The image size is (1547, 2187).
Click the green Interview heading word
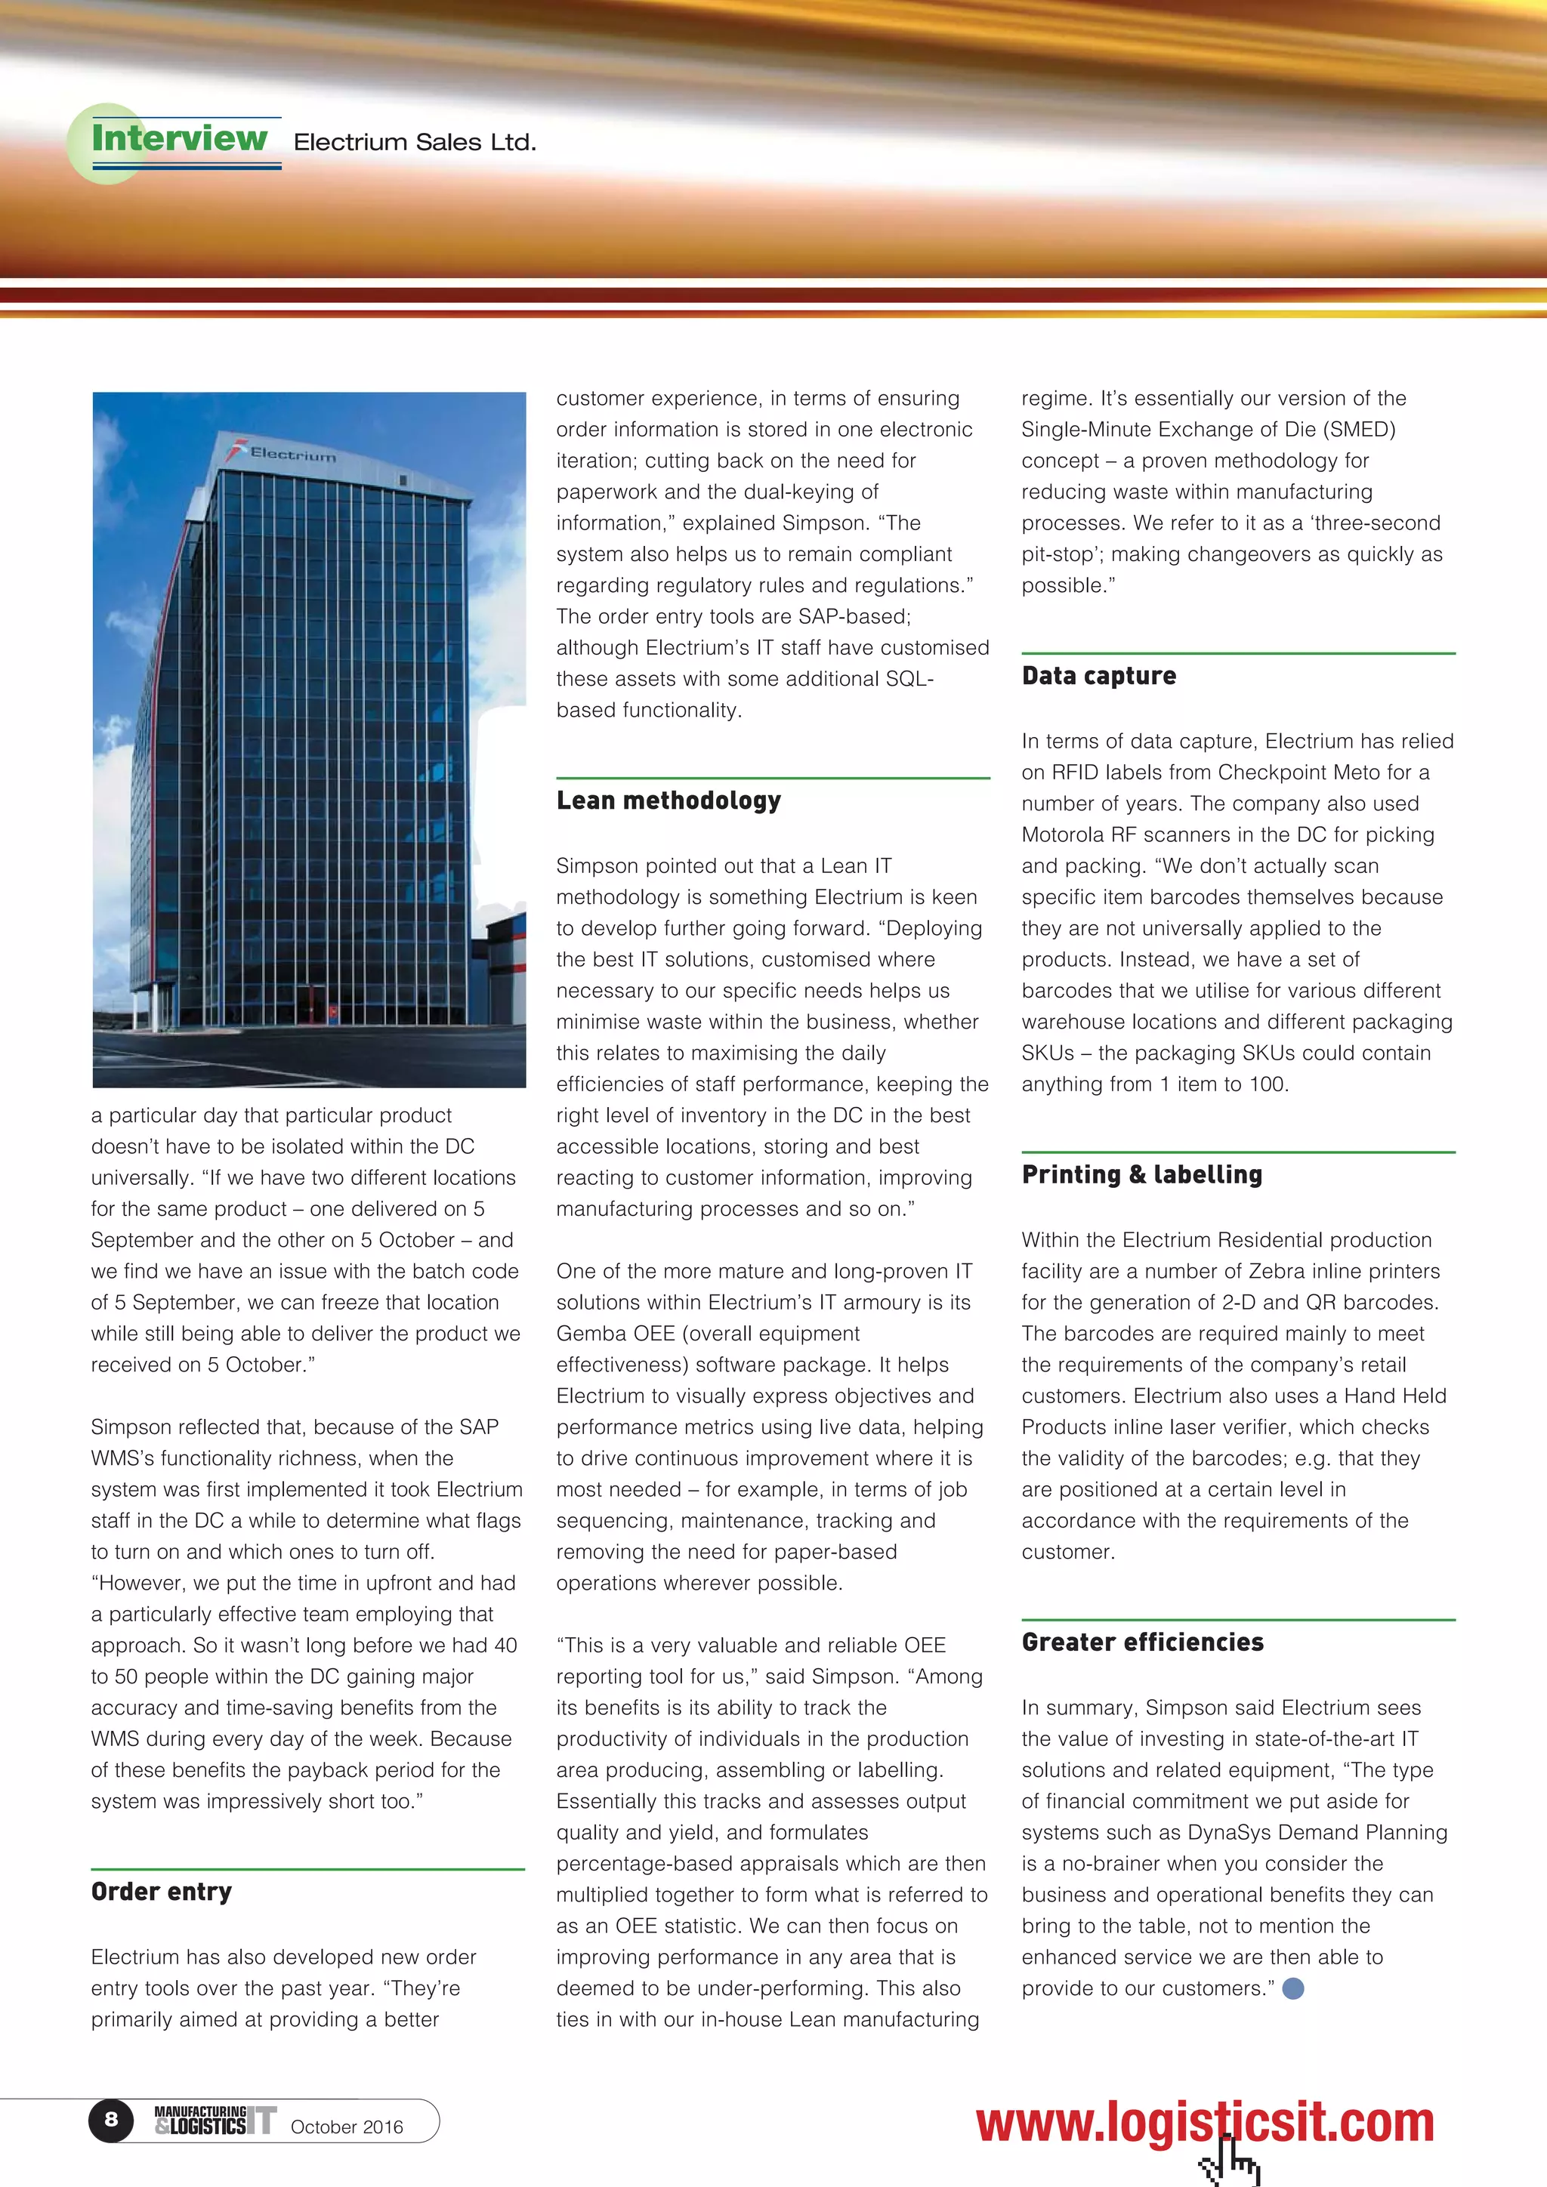click(x=179, y=138)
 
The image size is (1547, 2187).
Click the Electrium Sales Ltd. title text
click(x=415, y=143)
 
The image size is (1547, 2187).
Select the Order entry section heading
click(x=161, y=1892)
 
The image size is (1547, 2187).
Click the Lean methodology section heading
click(x=668, y=801)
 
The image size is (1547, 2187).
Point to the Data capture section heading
click(x=1098, y=677)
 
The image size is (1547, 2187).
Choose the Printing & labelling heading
click(x=1141, y=1174)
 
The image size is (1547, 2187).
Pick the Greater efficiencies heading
click(x=1142, y=1643)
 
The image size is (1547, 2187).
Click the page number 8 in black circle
click(x=112, y=2119)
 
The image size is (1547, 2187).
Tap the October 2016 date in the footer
click(x=347, y=2127)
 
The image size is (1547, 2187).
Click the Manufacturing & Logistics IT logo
click(x=215, y=2121)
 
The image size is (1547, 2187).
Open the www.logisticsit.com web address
click(x=1204, y=2122)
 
